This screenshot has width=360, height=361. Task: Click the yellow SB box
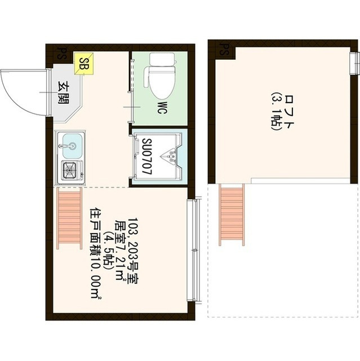click(84, 64)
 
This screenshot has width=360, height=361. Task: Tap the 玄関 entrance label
click(64, 92)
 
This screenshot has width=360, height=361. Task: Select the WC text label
click(162, 107)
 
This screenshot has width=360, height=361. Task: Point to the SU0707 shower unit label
click(147, 156)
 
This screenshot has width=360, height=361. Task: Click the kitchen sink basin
click(72, 146)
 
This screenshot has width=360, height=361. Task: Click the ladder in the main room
click(70, 218)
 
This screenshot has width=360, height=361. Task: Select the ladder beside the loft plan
click(232, 214)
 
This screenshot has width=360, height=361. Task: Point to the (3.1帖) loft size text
click(276, 112)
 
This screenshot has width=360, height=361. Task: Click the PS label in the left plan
click(60, 54)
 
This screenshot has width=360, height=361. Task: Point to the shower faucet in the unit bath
click(170, 156)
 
